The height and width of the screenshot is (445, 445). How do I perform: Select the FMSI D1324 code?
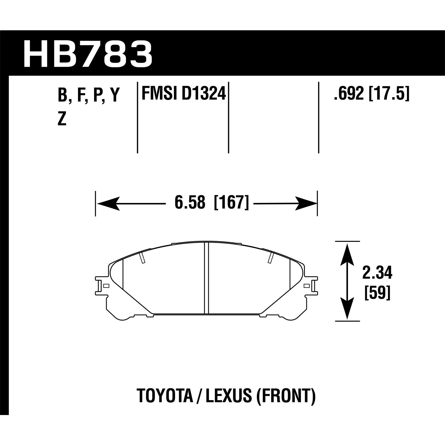[x=184, y=94]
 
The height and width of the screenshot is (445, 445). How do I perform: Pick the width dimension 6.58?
[x=190, y=203]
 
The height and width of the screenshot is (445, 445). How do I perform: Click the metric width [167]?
[x=231, y=203]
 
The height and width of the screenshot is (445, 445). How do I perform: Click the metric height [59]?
[x=377, y=293]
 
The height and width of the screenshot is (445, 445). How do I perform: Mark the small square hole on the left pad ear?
[x=107, y=286]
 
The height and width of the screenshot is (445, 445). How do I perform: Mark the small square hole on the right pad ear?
[x=307, y=286]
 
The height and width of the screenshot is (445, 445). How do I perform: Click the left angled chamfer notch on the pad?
[x=142, y=258]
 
